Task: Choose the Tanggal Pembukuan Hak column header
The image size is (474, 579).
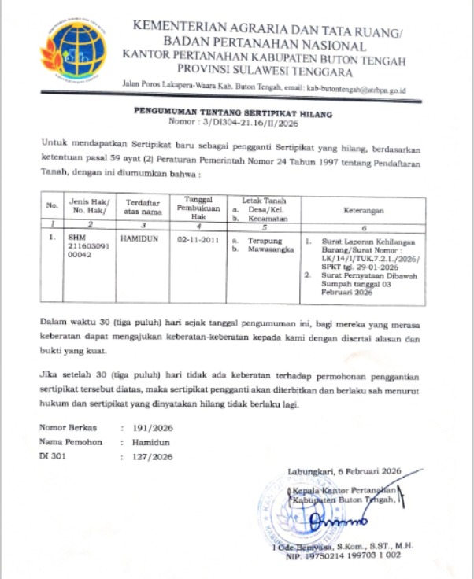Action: pyautogui.click(x=197, y=206)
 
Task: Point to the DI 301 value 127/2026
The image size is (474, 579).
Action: pyautogui.click(x=151, y=456)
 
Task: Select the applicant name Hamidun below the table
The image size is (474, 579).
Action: pyautogui.click(x=149, y=443)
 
